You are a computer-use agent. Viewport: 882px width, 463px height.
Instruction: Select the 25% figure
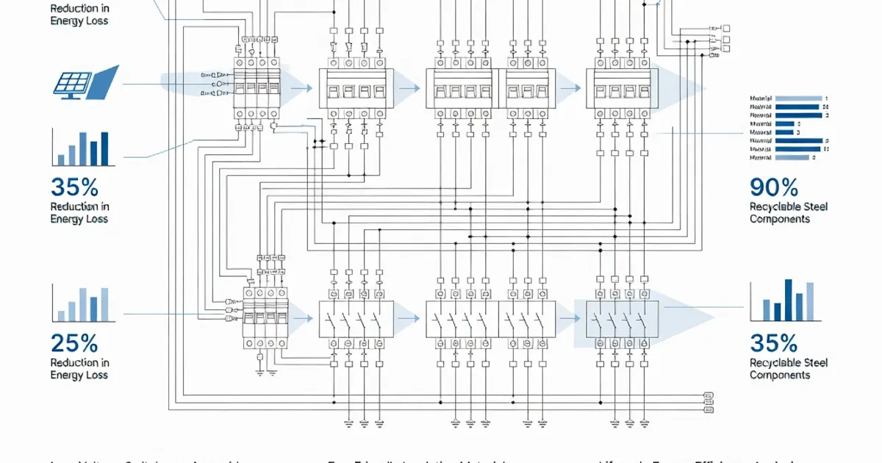coord(74,342)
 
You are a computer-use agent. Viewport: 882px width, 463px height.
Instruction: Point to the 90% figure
coord(774,187)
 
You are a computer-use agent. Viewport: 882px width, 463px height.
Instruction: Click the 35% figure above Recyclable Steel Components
coord(774,342)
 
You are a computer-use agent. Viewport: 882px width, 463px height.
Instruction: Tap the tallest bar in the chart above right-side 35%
coord(788,300)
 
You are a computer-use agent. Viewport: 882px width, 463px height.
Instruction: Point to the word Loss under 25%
coord(96,375)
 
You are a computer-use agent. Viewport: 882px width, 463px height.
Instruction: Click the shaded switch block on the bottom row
coord(622,319)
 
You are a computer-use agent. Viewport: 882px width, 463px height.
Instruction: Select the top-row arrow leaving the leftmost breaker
coord(298,88)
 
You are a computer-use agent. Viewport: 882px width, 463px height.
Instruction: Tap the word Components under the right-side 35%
coord(779,375)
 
